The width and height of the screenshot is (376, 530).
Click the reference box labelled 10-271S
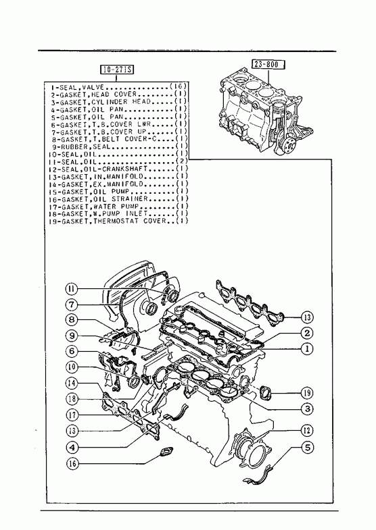coord(117,70)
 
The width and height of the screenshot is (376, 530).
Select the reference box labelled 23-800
coord(268,64)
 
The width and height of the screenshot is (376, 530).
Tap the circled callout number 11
coord(72,289)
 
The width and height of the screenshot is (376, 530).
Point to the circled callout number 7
coord(72,304)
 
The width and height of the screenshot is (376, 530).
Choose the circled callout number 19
coord(307,393)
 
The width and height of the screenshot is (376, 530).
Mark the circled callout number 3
coord(307,409)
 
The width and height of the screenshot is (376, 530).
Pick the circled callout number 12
coord(307,430)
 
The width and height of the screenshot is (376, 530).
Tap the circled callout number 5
coord(307,448)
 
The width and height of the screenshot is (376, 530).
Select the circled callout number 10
coord(72,367)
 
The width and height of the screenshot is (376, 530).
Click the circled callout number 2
coord(307,333)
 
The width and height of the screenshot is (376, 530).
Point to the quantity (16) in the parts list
coord(179,86)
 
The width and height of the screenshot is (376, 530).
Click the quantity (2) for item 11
coord(182,161)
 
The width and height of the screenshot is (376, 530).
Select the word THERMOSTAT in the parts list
coord(116,221)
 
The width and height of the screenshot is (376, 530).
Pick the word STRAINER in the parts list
coord(130,198)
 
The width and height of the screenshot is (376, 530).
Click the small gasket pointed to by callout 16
coord(166,452)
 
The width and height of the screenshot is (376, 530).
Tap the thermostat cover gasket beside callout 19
coord(265,393)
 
